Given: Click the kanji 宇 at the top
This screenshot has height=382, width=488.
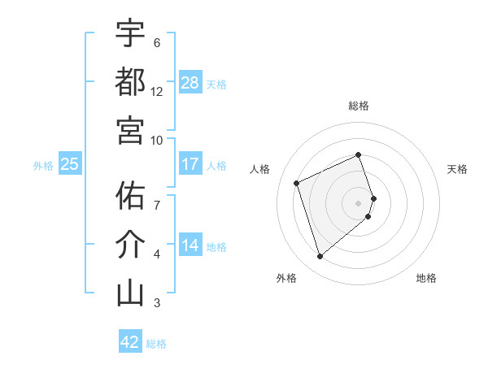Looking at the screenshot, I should [x=130, y=34].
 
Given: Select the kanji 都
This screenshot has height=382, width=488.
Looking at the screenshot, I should [x=130, y=81].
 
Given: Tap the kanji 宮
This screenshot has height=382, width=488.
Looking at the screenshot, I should [x=130, y=129].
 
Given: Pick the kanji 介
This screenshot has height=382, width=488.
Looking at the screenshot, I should [x=130, y=244].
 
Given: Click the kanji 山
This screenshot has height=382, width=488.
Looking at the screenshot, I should [x=130, y=293].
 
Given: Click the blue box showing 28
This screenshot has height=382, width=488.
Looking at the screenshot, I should [x=190, y=83].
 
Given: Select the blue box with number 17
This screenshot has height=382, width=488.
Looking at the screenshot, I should [x=190, y=164].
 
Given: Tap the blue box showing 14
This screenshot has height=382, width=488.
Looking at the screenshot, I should [x=190, y=245].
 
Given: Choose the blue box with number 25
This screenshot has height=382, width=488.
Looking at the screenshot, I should [x=69, y=164].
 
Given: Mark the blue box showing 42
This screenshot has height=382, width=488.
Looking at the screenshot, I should [x=130, y=342].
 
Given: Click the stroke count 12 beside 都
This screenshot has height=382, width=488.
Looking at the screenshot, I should [x=157, y=92].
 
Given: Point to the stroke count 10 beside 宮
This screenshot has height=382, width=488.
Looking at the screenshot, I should [x=157, y=140].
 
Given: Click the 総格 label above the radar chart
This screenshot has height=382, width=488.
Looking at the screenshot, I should [x=359, y=106].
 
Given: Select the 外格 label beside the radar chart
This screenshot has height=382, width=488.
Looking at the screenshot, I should [x=285, y=278].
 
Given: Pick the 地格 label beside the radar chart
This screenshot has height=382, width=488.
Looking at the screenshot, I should [x=426, y=278].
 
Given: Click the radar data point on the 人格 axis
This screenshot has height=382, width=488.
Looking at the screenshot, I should [x=297, y=182].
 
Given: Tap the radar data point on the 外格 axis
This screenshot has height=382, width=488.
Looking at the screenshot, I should [x=320, y=257].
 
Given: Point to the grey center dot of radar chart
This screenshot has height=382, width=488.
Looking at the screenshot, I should [x=359, y=202].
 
